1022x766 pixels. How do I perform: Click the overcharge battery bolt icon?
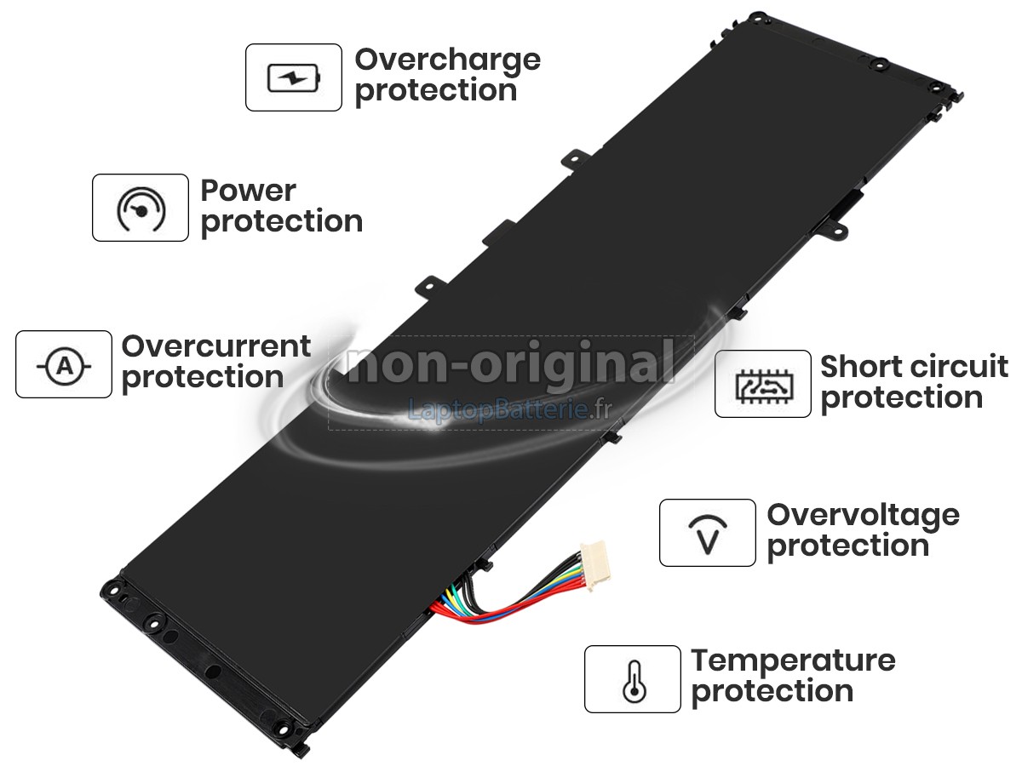294,77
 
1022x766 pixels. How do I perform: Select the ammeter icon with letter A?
64,366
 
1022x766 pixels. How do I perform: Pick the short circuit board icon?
764,386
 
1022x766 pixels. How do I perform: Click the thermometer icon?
634,682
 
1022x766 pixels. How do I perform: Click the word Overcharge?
447,61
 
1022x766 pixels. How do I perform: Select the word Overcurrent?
216,346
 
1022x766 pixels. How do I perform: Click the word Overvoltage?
864,517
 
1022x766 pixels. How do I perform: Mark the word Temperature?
794,662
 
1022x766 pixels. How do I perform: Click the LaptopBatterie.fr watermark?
510,409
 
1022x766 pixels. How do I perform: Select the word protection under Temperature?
772,693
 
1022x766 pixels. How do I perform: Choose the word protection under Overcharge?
436,91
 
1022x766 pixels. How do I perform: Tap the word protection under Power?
282,222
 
